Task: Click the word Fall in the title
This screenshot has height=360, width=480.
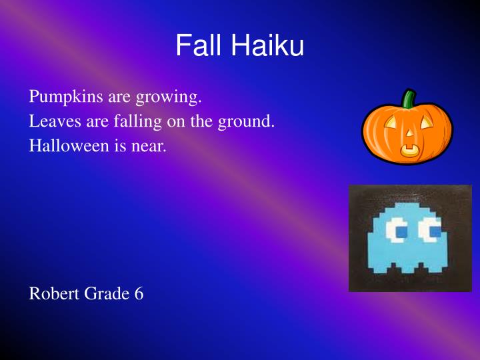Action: coord(199,46)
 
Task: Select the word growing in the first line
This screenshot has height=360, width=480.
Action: coord(168,98)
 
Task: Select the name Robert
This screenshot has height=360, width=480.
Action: coord(53,293)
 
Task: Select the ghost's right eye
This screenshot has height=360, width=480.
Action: coord(429,231)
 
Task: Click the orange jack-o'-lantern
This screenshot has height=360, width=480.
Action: coord(407,130)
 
